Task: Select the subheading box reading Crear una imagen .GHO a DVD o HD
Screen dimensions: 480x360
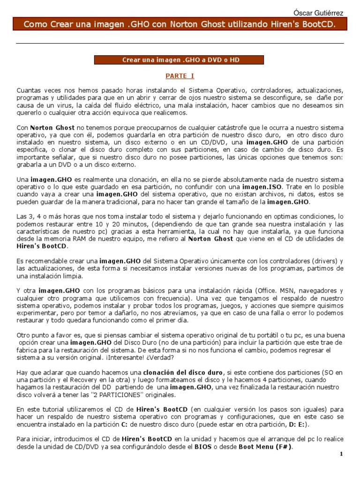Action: point(179,60)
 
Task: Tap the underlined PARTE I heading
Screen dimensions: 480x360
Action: point(180,75)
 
